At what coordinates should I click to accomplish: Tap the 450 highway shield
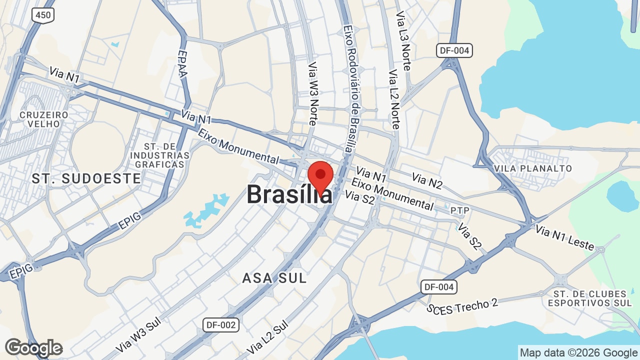[x=43, y=15]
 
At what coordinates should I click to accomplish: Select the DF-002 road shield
[x=221, y=325]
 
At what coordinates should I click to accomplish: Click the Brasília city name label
[x=288, y=194]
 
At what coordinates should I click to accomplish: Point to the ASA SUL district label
[x=274, y=278]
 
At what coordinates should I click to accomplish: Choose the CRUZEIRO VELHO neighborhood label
[x=44, y=119]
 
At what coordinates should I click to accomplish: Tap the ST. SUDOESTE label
[x=86, y=178]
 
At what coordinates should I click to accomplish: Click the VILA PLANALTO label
[x=532, y=168]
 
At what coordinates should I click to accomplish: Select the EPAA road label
[x=182, y=63]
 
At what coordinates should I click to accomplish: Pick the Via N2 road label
[x=427, y=181]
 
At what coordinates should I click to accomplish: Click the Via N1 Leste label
[x=565, y=237]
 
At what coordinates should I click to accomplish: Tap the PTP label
[x=460, y=210]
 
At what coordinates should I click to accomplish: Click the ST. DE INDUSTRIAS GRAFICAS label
[x=159, y=155]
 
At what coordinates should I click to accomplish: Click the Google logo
[x=33, y=348]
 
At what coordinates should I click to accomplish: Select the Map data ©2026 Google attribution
[x=578, y=352]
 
